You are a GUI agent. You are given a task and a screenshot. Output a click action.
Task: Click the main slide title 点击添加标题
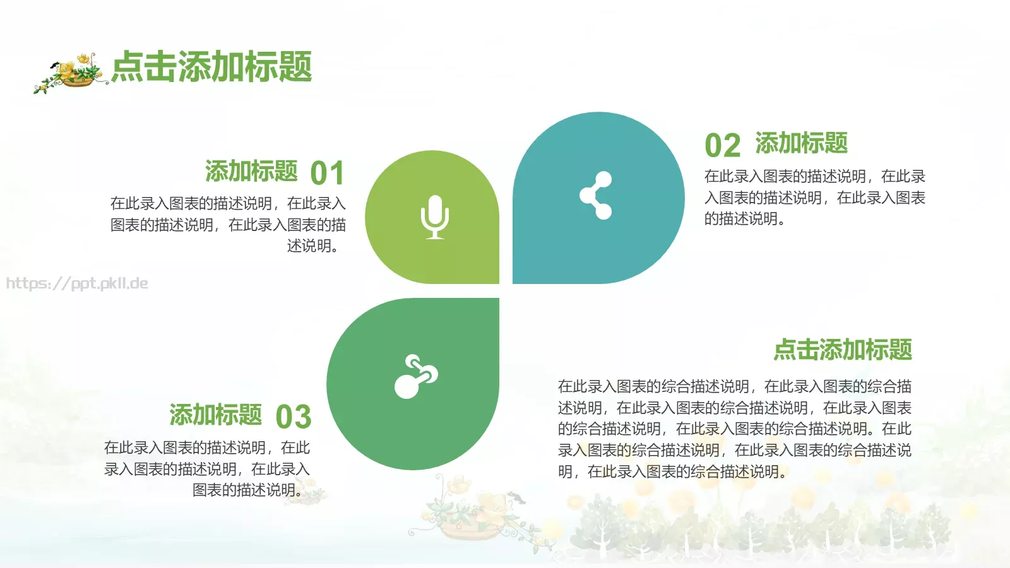[x=211, y=67]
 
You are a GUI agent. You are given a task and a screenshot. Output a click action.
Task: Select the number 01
[x=327, y=174]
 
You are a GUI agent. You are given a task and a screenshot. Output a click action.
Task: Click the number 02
[x=722, y=146]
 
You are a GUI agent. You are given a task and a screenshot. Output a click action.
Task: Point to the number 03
[x=294, y=417]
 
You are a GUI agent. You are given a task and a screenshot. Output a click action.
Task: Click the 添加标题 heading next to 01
[x=251, y=171]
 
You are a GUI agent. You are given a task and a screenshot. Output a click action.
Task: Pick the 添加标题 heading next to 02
[x=801, y=143]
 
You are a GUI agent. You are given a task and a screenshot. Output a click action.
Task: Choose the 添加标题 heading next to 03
[x=215, y=415]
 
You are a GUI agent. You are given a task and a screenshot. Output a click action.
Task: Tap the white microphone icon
[x=435, y=217]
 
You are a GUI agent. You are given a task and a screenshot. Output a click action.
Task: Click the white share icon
[x=597, y=196]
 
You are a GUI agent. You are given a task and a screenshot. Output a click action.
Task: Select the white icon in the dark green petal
[x=416, y=377]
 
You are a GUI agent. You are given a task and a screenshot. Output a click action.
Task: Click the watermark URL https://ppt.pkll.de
[x=77, y=283]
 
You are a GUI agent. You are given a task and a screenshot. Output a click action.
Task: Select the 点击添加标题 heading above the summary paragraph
[x=843, y=350]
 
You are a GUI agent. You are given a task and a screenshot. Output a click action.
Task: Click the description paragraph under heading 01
[x=228, y=225]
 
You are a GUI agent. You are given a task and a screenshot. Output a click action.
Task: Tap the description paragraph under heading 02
[x=814, y=198]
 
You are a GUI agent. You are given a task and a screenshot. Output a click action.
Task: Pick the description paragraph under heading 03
[x=207, y=469]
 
